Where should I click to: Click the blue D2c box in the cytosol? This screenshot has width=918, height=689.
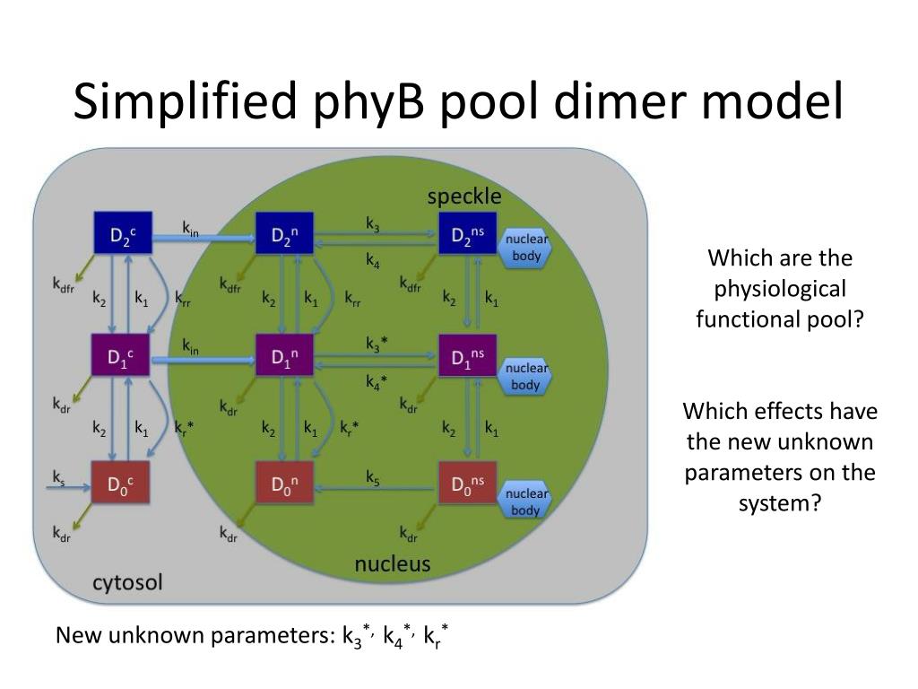click(123, 235)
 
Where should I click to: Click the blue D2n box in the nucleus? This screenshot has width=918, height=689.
click(283, 236)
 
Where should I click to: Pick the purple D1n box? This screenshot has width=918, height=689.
click(284, 359)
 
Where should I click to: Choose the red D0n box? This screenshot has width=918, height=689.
click(284, 485)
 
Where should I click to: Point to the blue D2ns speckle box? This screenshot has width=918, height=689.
click(466, 234)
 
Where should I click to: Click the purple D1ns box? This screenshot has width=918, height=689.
click(466, 359)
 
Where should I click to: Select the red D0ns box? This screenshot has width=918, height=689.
click(466, 484)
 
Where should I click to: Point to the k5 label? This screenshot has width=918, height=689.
click(373, 477)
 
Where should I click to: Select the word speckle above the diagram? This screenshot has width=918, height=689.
click(464, 196)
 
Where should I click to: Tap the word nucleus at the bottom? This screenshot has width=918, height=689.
click(393, 564)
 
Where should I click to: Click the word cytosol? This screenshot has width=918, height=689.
click(128, 583)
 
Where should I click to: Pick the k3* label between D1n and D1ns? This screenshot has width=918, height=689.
click(377, 343)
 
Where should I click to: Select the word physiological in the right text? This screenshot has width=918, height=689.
click(779, 289)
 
